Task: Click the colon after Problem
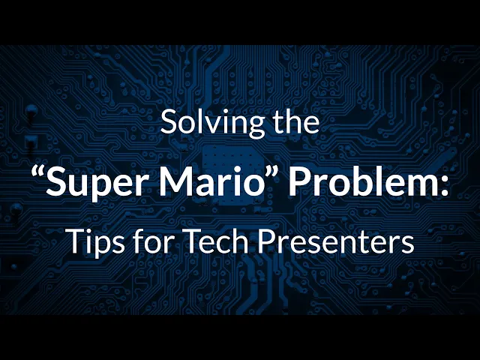pyautogui.click(x=443, y=185)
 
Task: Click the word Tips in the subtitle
pyautogui.click(x=97, y=241)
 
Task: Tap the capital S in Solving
pyautogui.click(x=170, y=121)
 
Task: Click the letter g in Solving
pyautogui.click(x=255, y=127)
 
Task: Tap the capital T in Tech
pyautogui.click(x=195, y=240)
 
